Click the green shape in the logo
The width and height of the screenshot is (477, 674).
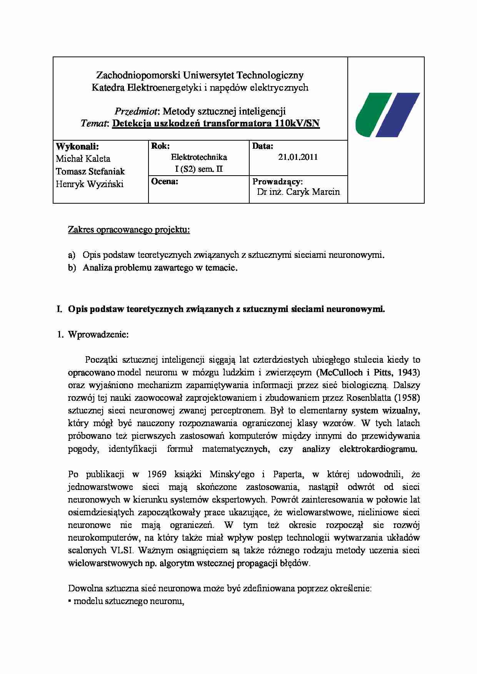[371, 115]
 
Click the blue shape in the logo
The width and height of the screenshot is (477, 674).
[398, 115]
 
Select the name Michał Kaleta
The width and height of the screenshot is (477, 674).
[83, 159]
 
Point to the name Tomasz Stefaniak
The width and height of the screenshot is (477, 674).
[90, 171]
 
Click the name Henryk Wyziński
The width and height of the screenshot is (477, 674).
[90, 184]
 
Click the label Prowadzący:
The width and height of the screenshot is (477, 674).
[277, 181]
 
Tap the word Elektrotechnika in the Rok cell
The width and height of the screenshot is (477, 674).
[199, 157]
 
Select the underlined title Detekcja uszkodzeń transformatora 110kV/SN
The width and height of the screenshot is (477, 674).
[216, 124]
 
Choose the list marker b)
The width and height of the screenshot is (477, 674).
[72, 268]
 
